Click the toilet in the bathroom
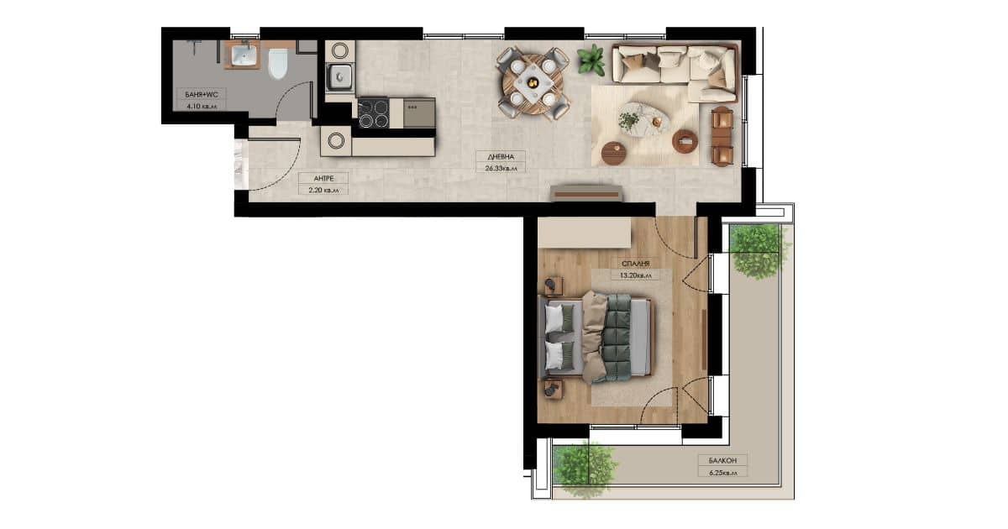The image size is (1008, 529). click(278, 64)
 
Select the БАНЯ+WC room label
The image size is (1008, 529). click(201, 94)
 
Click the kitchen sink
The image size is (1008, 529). click(340, 77)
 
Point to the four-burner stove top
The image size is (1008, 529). click(374, 113)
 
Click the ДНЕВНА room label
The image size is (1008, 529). click(501, 157)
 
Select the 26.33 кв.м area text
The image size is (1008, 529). click(501, 169)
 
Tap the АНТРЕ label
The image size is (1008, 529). click(323, 179)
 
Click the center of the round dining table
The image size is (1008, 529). click(533, 84)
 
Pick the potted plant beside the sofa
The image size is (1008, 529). click(591, 60)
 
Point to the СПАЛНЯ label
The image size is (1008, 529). click(635, 264)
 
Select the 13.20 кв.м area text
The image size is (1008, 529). click(635, 275)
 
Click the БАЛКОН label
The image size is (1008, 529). click(722, 461)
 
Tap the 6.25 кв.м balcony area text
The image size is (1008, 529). click(723, 473)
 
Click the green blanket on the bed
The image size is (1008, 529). click(618, 338)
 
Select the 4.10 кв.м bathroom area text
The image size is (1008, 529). click(201, 107)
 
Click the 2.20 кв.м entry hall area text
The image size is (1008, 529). click(323, 191)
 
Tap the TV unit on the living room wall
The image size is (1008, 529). click(587, 193)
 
